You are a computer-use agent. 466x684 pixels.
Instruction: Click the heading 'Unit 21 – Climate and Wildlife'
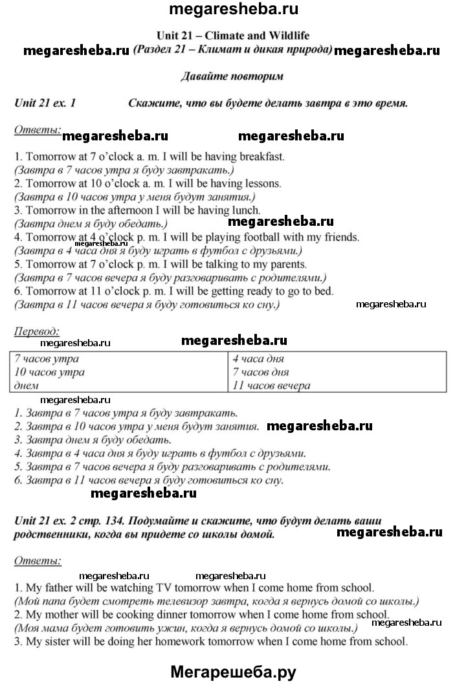pyautogui.click(x=232, y=36)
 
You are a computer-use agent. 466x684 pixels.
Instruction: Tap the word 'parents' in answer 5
pyautogui.click(x=287, y=265)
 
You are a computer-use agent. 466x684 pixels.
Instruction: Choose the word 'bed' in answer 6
pyautogui.click(x=324, y=292)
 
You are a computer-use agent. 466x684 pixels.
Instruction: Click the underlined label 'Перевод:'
pyautogui.click(x=36, y=331)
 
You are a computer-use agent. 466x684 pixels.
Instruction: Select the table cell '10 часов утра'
pyautogui.click(x=49, y=372)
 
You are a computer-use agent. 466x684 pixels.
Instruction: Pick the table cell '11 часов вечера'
pyautogui.click(x=271, y=386)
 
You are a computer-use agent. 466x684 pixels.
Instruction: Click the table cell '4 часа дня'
pyautogui.click(x=258, y=359)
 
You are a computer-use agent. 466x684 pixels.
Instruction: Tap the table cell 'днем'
pyautogui.click(x=26, y=386)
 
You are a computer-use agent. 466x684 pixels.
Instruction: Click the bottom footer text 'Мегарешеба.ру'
pyautogui.click(x=233, y=672)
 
